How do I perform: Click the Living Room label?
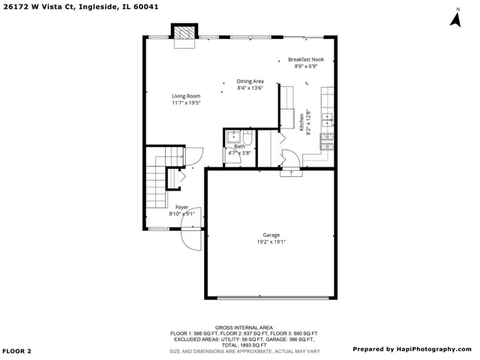(x=186, y=96)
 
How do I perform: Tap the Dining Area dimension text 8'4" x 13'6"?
(x=250, y=88)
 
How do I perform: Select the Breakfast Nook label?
(x=306, y=59)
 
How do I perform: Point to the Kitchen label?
(x=301, y=121)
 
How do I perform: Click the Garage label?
(x=271, y=235)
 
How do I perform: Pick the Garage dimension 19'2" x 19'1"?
(x=271, y=241)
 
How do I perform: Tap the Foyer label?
(x=181, y=207)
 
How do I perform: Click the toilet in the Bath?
(x=247, y=138)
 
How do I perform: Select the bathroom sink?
(x=234, y=136)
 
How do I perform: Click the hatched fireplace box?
(x=184, y=32)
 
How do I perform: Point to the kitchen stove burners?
(x=327, y=142)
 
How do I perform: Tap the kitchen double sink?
(x=327, y=120)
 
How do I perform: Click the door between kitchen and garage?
(x=291, y=158)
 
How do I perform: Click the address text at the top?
(x=81, y=7)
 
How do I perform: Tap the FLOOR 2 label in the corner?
(x=16, y=351)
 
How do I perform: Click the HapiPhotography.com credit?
(x=412, y=349)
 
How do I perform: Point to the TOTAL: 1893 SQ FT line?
(x=244, y=345)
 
